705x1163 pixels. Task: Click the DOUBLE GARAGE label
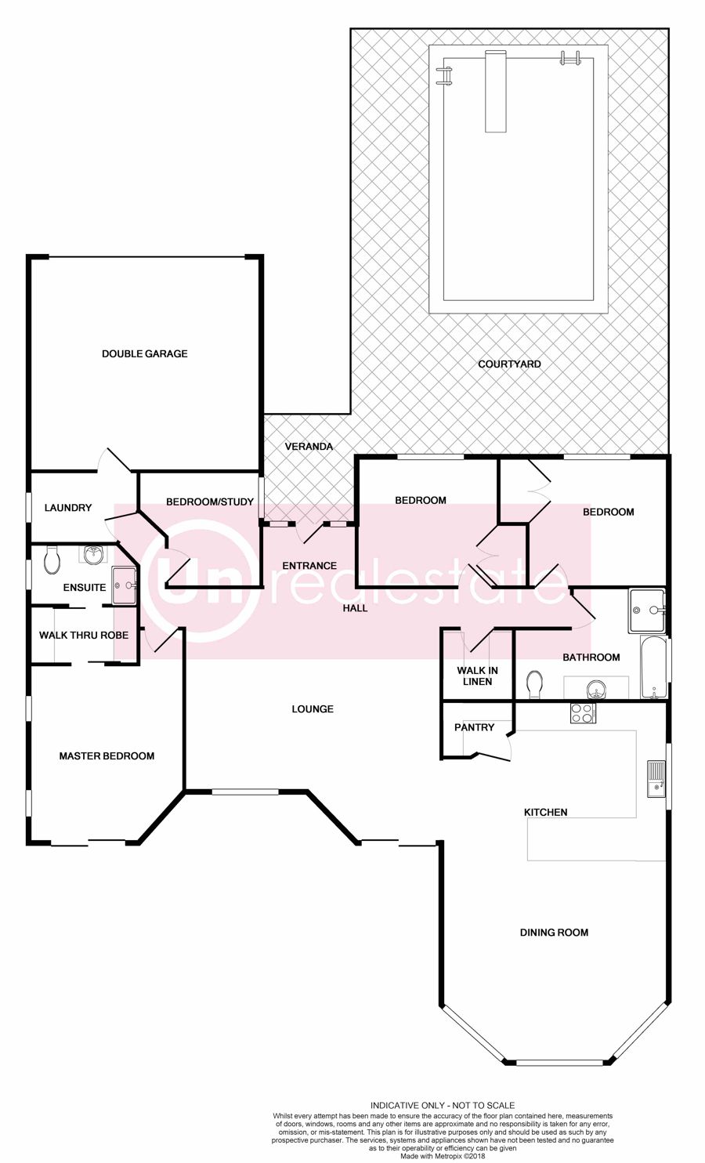click(x=144, y=353)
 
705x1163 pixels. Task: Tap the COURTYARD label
click(x=509, y=364)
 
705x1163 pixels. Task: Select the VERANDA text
click(x=309, y=446)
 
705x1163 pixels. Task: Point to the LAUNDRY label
click(x=68, y=507)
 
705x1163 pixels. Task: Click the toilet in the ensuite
click(x=52, y=560)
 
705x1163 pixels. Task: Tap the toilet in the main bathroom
click(x=534, y=685)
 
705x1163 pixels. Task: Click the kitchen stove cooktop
click(x=583, y=712)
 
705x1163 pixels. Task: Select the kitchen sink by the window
click(x=656, y=779)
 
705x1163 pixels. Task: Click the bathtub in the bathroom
click(x=653, y=667)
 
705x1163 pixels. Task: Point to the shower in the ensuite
click(x=124, y=585)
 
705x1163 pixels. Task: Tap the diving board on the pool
click(x=495, y=92)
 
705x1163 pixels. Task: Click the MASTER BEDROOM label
click(x=107, y=756)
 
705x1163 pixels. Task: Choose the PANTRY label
click(x=474, y=727)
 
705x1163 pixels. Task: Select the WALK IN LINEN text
click(x=477, y=676)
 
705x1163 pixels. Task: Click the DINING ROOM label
click(x=554, y=933)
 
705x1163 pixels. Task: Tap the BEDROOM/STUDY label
click(x=210, y=502)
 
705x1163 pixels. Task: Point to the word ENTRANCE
click(x=309, y=565)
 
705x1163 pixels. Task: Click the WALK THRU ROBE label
click(x=84, y=635)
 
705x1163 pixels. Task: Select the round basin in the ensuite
click(x=94, y=555)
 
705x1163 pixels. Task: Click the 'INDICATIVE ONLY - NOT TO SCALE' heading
click(x=443, y=1105)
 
